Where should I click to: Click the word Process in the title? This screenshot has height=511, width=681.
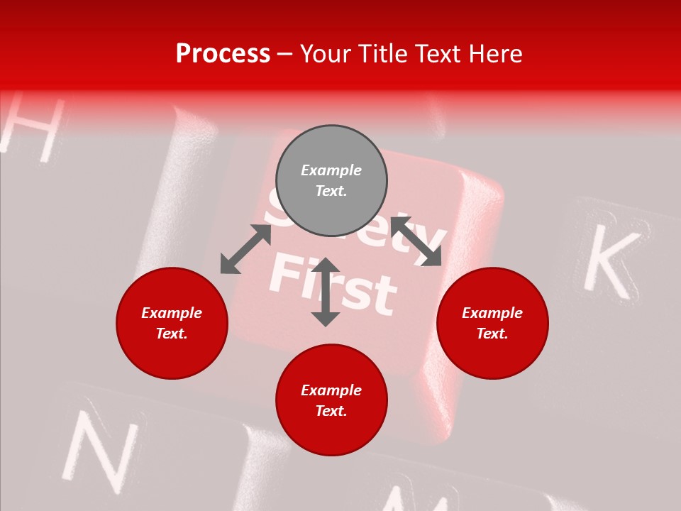tap(223, 54)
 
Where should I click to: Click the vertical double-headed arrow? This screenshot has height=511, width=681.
tap(326, 292)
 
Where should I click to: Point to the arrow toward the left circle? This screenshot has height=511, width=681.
tap(245, 249)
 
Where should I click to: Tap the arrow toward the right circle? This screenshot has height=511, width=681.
tap(416, 241)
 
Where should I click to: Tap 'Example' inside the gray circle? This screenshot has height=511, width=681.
tap(331, 170)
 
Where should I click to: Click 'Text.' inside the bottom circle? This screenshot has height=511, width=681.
tap(331, 411)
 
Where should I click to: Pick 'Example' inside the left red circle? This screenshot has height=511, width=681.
tap(172, 313)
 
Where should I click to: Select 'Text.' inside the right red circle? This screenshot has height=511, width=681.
tap(492, 334)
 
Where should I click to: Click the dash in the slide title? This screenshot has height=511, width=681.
tap(285, 54)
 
